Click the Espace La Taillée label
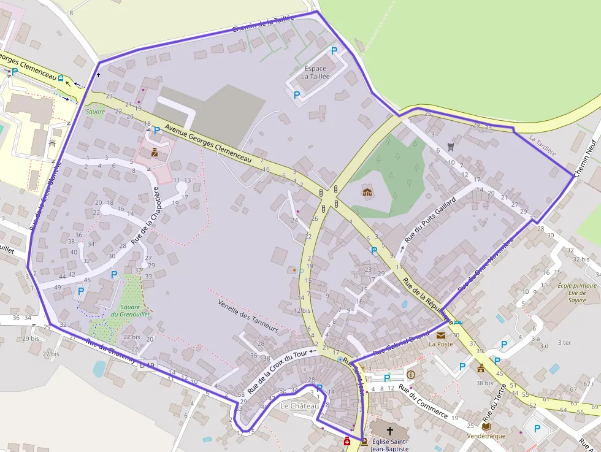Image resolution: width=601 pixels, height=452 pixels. [315, 72]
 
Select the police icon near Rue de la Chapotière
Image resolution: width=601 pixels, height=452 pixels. [154, 152]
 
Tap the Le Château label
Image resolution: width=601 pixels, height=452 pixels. [299, 406]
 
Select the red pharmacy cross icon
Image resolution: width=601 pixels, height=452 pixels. [347, 441]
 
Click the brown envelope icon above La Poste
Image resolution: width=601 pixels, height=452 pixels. [441, 335]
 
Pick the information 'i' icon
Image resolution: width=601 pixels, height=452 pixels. [411, 374]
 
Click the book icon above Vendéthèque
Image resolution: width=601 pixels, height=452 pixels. [486, 426]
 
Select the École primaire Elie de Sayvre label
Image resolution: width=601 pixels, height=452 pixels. [577, 293]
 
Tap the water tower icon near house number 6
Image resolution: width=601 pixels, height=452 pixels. [452, 146]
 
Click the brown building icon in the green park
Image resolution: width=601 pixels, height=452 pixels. [367, 193]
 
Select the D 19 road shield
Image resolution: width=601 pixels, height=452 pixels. [147, 366]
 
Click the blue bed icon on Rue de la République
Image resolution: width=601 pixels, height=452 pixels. [458, 323]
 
